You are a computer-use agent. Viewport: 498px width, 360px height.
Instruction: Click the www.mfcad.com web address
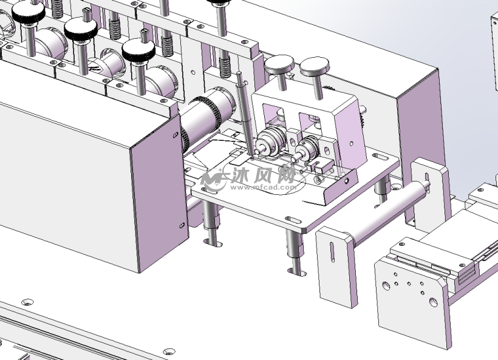264,187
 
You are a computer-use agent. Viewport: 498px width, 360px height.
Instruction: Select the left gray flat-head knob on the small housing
279,64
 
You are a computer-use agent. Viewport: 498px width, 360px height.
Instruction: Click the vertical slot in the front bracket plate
332,252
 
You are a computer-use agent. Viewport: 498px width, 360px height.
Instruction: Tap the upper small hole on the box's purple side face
176,135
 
